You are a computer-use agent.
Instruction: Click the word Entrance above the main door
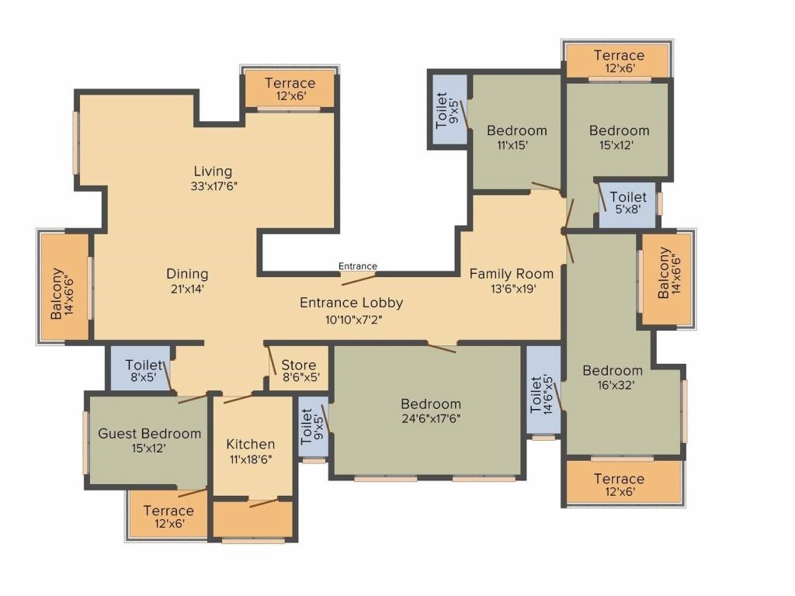pos(357,266)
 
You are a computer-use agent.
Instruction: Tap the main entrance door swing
pos(359,279)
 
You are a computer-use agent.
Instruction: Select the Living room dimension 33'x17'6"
pos(214,186)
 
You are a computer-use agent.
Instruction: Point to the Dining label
pos(187,274)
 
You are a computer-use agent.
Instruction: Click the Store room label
pos(299,365)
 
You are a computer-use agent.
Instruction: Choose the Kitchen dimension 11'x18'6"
pos(251,459)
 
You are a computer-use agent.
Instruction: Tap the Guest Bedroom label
pos(150,434)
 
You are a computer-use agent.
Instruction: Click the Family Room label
pos(511,274)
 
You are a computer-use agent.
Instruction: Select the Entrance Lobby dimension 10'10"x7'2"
pos(353,320)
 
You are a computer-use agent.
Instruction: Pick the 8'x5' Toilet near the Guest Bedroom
pos(141,369)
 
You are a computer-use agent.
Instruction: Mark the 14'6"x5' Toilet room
pos(543,390)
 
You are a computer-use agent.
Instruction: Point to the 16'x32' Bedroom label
pos(613,370)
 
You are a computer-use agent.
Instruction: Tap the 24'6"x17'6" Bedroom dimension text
pos(431,418)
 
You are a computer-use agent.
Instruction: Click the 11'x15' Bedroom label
pos(516,130)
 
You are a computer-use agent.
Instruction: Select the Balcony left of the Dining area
pos(64,287)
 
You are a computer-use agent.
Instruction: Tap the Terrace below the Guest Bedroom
pos(168,514)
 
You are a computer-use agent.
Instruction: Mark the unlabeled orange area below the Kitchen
pos(253,519)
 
